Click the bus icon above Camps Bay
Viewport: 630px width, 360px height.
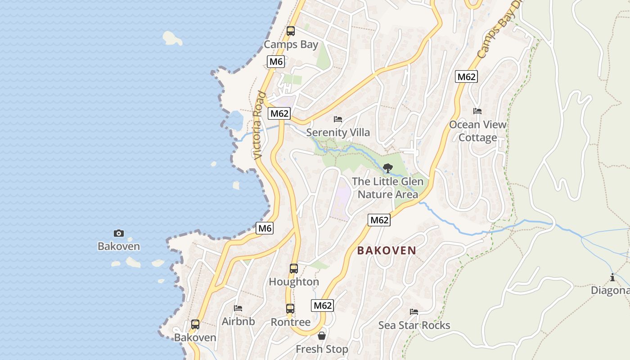291,31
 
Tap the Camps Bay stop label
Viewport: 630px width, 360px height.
291,45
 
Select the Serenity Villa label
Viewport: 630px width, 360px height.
338,132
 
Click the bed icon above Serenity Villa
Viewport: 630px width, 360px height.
338,119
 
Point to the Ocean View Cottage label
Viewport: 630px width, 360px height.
477,131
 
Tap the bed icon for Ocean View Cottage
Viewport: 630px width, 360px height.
477,111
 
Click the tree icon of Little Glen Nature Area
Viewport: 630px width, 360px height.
387,169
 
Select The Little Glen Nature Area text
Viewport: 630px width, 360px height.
387,188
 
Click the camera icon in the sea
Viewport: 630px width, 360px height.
119,233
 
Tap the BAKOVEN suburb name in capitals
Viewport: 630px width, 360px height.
387,251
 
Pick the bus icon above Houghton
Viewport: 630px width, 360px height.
294,269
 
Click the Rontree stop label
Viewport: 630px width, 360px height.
290,322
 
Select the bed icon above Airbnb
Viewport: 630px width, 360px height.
238,308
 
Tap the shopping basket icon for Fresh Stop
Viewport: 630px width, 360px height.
322,336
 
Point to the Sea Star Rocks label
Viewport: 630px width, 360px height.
414,325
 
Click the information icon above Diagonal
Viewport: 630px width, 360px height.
612,277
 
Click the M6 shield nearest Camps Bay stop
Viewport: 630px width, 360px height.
276,62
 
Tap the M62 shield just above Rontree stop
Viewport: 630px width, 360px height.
322,306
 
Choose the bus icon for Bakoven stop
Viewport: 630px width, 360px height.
195,324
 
